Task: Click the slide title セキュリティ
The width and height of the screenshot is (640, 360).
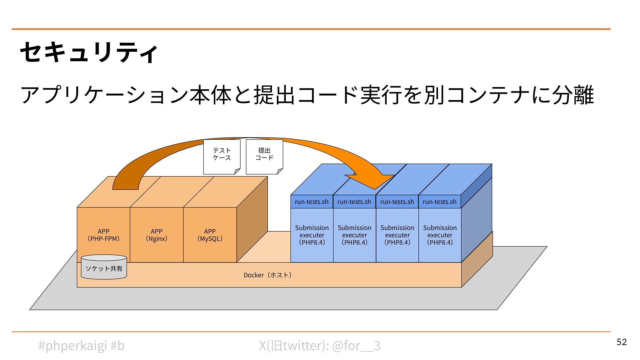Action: [89, 53]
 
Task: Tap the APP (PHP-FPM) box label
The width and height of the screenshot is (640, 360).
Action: [103, 235]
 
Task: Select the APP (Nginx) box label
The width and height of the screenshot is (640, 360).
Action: [156, 235]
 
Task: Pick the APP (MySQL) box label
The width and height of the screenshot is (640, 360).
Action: [210, 235]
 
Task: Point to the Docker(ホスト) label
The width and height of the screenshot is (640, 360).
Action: [268, 275]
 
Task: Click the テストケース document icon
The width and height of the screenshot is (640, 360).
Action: [222, 156]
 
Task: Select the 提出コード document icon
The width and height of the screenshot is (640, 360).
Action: [264, 156]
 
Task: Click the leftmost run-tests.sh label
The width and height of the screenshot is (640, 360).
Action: [311, 202]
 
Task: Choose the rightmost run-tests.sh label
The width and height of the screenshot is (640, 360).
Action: [439, 202]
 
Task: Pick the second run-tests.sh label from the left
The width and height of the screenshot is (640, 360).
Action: [354, 202]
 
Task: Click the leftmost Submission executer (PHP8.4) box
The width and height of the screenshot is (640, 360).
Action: [312, 235]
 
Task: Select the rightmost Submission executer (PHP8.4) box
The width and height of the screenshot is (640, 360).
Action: [440, 235]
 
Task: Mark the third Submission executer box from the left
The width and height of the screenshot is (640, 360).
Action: [397, 235]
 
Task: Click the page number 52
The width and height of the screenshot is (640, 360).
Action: [621, 342]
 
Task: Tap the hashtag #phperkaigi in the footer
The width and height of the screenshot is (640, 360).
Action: [73, 346]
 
